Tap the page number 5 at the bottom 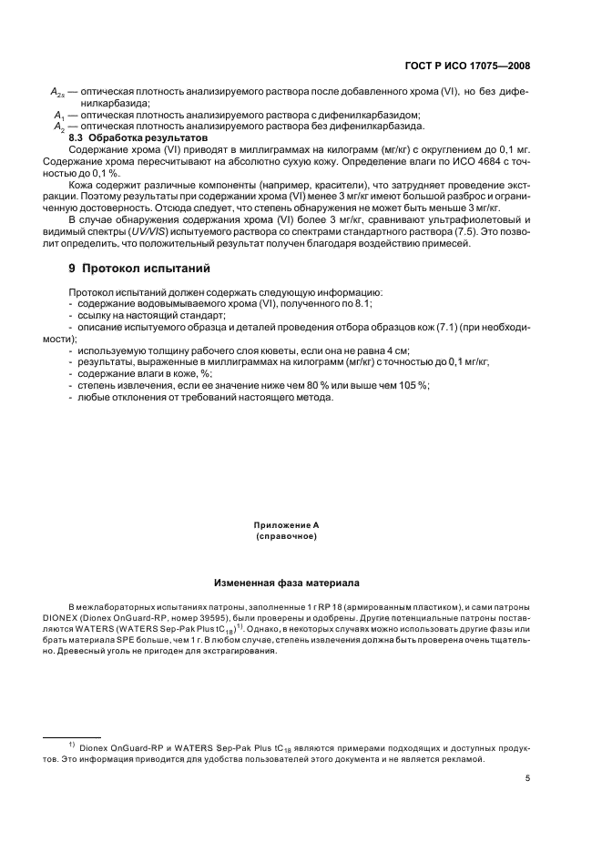click(528, 778)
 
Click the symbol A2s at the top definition click(56, 93)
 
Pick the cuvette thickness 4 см click(397, 350)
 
